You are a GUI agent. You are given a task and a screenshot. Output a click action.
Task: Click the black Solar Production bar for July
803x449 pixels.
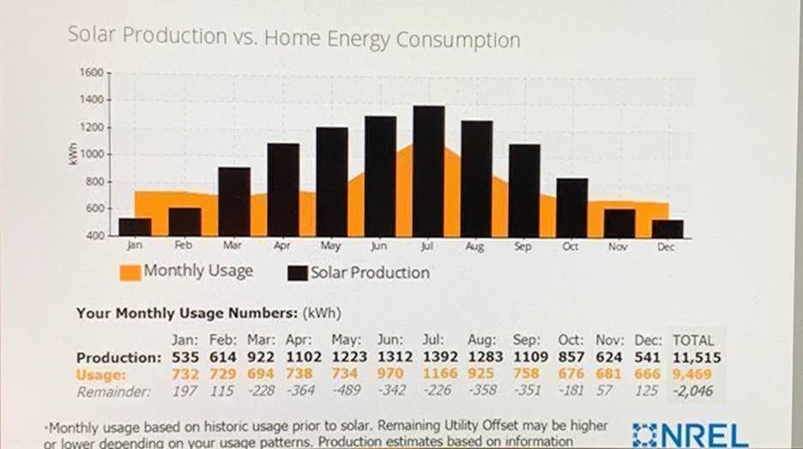point(428,171)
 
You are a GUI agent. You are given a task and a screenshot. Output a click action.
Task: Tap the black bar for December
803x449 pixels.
point(667,228)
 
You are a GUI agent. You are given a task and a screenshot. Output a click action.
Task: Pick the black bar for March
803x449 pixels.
point(233,202)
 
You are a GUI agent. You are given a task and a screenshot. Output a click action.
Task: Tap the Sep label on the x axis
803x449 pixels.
point(522,246)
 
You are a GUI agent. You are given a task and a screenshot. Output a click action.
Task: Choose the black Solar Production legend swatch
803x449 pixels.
point(298,273)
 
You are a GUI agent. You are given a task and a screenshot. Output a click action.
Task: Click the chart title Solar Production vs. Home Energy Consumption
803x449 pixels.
point(293,39)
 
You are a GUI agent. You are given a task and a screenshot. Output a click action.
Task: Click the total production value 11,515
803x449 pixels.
point(696,356)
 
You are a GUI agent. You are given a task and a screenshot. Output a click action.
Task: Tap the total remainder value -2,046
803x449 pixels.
point(693,391)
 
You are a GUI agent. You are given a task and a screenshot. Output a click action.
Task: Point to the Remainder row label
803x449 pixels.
point(114,392)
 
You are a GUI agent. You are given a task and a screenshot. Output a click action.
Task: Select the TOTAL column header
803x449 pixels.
point(693,339)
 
